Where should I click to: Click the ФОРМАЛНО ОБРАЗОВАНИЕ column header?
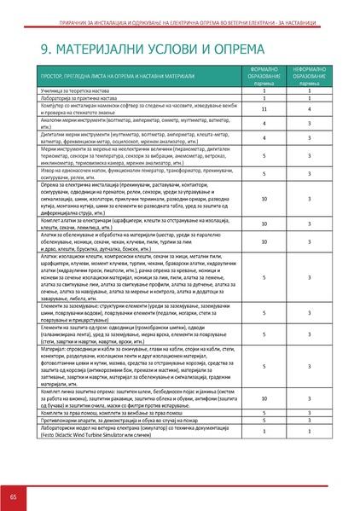click(265, 75)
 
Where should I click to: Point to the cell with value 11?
click(265, 108)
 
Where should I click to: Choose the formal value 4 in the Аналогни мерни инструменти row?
click(265, 124)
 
